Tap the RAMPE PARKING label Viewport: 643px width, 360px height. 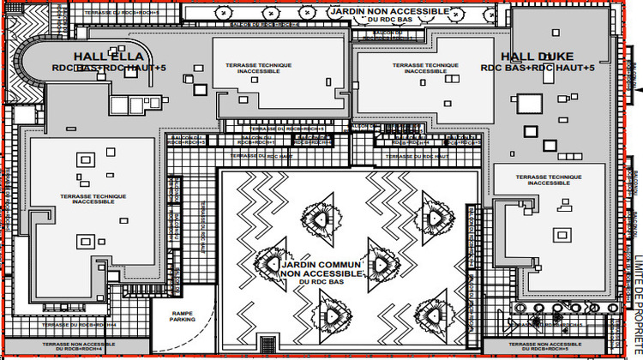click(182, 316)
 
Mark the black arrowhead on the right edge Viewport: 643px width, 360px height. click(638, 84)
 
